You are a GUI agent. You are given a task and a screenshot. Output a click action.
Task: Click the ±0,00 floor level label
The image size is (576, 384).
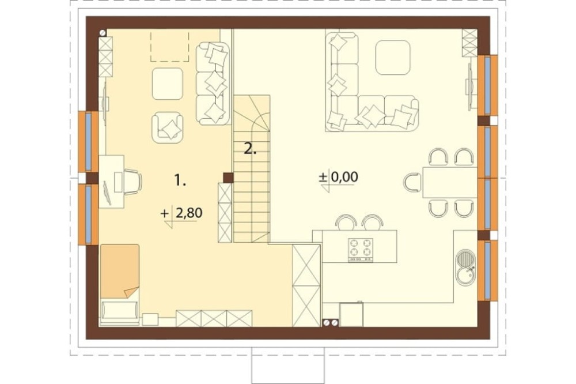[338, 177]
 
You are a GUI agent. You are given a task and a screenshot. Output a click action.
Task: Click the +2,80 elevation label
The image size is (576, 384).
[182, 213]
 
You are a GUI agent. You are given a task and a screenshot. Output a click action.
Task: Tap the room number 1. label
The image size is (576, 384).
[180, 180]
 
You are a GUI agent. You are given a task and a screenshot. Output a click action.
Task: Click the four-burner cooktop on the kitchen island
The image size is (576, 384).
[361, 250]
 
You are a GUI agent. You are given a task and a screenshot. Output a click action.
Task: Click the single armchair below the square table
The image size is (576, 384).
[168, 127]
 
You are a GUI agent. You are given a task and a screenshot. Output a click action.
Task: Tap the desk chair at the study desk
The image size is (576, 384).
[132, 182]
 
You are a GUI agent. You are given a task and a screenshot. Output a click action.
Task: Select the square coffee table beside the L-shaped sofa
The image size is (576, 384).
[393, 58]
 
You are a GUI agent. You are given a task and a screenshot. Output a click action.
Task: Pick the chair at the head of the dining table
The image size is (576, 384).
[413, 182]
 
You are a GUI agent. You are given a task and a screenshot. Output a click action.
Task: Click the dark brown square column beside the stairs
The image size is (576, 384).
[228, 178]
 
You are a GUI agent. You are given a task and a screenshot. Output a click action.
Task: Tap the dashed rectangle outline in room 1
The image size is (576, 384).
[170, 46]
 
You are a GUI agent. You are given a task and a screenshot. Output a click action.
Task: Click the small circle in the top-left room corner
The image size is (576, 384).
[103, 33]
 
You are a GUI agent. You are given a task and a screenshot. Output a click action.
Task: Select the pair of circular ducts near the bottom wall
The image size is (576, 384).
[330, 322]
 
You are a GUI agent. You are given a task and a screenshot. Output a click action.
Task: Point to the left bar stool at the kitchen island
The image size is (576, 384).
[347, 223]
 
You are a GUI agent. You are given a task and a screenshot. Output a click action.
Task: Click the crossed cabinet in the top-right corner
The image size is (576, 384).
[469, 43]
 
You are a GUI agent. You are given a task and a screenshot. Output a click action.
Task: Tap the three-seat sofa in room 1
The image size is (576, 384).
[213, 84]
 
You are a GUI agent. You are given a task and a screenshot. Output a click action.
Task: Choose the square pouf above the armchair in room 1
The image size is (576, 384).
[168, 84]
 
